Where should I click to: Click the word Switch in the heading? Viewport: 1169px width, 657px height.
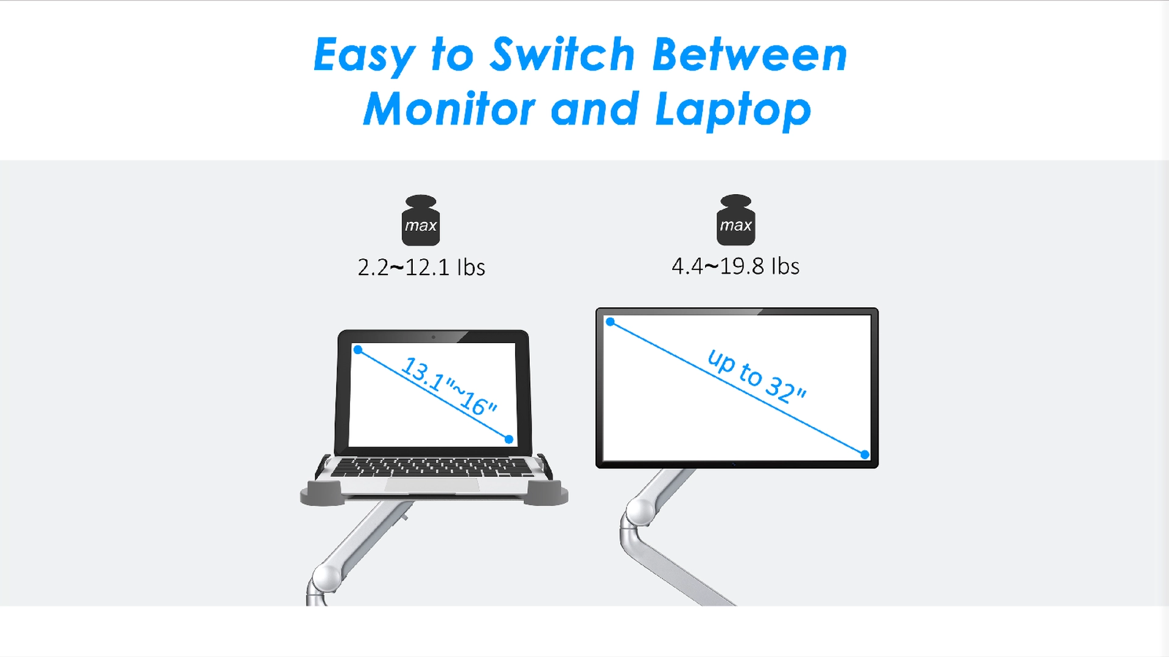pos(563,55)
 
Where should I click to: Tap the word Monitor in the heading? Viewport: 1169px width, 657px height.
pos(449,109)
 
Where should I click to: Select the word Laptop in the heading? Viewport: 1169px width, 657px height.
pos(733,111)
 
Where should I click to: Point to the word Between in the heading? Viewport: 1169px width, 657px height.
pos(749,55)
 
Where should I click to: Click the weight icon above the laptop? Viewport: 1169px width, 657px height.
pos(421,220)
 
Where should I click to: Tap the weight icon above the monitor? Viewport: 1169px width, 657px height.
pos(735,220)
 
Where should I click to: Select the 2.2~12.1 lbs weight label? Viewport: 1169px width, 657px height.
pos(421,268)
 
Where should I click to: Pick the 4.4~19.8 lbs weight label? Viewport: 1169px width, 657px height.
pos(735,266)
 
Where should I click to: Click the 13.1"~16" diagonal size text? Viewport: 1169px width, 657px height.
pos(449,386)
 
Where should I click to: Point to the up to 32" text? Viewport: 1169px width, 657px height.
pos(757,376)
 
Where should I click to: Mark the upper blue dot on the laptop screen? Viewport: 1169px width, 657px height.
pos(358,350)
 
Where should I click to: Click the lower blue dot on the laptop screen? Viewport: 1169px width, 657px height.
pos(509,439)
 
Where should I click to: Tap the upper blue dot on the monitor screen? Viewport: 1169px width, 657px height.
pos(610,322)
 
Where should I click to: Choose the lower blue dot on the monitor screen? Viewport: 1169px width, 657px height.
pos(865,454)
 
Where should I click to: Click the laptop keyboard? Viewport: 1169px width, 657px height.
pos(432,467)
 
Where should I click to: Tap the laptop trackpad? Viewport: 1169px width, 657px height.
pos(432,485)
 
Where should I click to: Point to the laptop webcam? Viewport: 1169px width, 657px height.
pos(434,336)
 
